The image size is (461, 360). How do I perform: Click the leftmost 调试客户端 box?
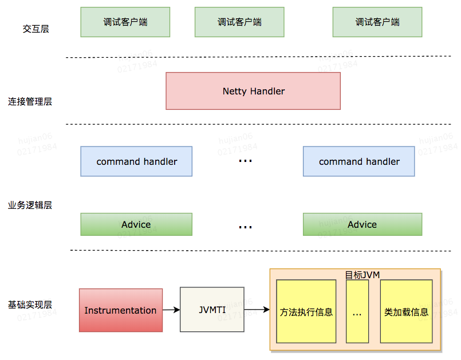coord(125,22)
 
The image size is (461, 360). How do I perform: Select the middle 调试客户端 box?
coord(239,22)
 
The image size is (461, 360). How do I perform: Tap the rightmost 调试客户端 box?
coord(377,22)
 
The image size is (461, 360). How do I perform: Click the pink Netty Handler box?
coord(253,91)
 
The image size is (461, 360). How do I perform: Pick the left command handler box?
coord(136,161)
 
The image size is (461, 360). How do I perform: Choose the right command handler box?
coord(358,161)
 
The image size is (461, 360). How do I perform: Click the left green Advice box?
coord(136,224)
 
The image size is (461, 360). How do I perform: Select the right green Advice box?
coord(362,224)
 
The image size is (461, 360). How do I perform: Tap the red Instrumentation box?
coord(120,310)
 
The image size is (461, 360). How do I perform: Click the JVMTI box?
coord(212,310)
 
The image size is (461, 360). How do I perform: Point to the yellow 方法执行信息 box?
coord(306,312)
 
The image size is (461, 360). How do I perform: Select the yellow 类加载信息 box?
coord(406,312)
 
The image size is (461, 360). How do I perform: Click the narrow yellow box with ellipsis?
coord(357,312)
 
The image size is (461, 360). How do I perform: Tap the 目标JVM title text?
coord(362,275)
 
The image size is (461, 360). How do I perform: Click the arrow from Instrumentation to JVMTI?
coord(171,310)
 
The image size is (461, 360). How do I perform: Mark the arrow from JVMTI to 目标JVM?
coord(257,310)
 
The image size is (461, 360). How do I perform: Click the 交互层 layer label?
coord(36,29)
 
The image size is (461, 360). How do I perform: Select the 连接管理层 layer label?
coord(30,102)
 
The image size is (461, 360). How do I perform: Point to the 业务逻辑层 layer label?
coord(30,205)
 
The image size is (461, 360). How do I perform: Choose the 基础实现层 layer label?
coord(30,304)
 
